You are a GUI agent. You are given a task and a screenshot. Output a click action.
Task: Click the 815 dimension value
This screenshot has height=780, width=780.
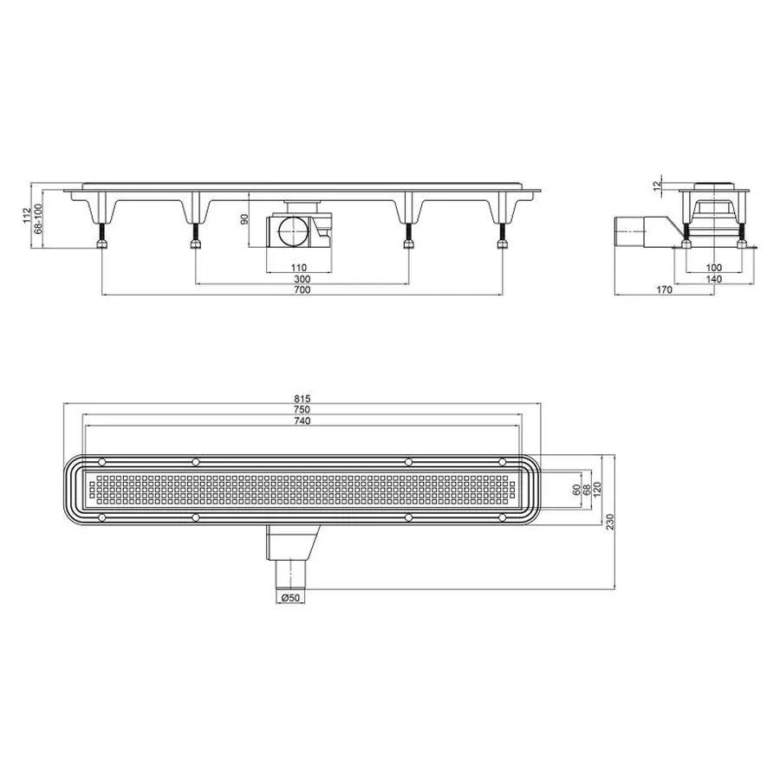(302, 399)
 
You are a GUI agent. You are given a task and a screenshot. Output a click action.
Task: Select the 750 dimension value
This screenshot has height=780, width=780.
(302, 409)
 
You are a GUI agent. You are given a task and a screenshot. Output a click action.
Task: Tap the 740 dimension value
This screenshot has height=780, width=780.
(302, 421)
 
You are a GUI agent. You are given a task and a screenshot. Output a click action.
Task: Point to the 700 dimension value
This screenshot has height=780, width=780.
(302, 289)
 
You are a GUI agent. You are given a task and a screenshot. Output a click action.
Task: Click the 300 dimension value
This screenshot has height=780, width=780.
(302, 279)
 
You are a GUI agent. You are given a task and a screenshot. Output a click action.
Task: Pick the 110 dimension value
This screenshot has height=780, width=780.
(298, 268)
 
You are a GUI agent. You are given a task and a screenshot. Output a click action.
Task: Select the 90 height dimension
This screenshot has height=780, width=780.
(244, 219)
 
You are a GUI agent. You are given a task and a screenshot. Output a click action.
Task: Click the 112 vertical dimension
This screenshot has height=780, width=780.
(28, 216)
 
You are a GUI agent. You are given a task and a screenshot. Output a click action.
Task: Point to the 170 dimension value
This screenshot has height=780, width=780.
(664, 289)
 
